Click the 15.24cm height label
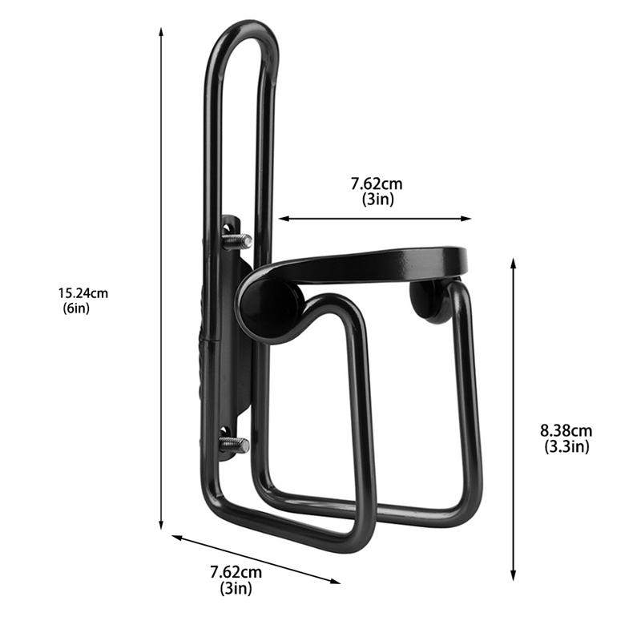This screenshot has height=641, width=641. (x=83, y=293)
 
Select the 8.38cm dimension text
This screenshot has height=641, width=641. (x=566, y=432)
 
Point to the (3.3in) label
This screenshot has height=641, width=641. (x=566, y=447)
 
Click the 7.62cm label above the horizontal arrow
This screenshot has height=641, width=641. (x=377, y=184)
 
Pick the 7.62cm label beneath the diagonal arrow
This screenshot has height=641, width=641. (x=236, y=572)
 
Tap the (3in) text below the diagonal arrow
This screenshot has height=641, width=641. (x=236, y=589)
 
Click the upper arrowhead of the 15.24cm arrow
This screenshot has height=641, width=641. (x=161, y=32)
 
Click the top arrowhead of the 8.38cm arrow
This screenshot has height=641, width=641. (x=514, y=263)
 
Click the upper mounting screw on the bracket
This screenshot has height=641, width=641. (x=236, y=240)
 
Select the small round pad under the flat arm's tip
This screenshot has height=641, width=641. (x=431, y=301)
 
